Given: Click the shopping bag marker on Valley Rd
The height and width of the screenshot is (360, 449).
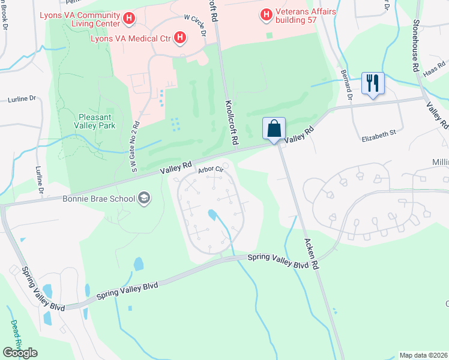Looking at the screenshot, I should tap(274, 128).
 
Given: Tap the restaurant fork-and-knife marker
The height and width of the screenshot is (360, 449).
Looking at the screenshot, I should tap(373, 83).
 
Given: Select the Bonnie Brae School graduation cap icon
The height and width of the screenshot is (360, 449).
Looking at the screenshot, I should tap(144, 197).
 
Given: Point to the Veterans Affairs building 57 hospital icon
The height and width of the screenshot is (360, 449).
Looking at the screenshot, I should tap(265, 13).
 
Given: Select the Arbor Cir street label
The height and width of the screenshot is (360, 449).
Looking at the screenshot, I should tap(211, 170).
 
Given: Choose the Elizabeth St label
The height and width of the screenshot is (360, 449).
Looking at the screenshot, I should tap(379, 139).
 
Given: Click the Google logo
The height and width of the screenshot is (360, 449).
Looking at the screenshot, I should tap(19, 353).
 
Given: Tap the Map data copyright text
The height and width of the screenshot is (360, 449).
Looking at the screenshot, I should tap(424, 355).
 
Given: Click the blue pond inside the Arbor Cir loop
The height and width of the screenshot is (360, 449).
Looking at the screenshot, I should tap(212, 214).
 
